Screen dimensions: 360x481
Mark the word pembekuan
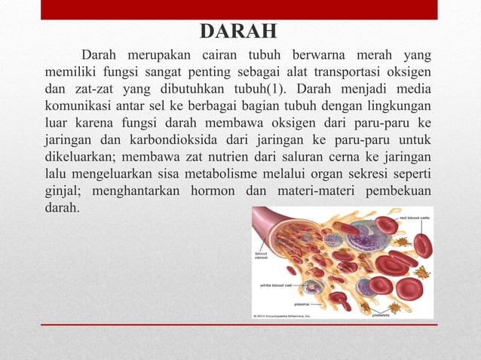pyautogui.click(x=398, y=189)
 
